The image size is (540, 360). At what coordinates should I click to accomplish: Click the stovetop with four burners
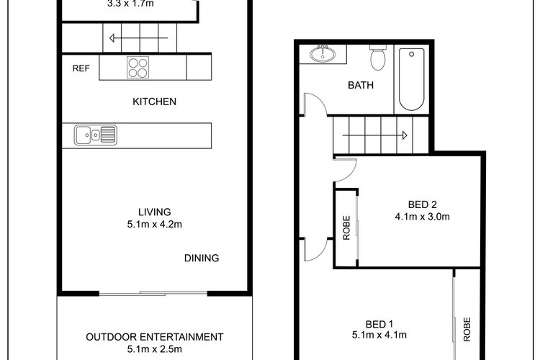138,67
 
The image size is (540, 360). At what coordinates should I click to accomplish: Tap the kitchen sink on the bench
95,135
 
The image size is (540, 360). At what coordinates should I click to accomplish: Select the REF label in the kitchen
81,68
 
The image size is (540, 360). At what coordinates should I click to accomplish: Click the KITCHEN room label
154,102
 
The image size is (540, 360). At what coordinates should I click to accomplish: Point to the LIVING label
155,212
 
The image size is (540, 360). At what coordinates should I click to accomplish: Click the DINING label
202,258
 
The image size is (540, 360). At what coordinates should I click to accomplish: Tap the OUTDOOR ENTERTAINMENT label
155,337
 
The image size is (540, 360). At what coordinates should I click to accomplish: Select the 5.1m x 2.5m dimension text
155,349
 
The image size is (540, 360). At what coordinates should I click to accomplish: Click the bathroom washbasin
323,54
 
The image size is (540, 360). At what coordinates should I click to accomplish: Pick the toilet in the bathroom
378,58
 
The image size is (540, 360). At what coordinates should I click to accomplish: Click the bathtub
412,79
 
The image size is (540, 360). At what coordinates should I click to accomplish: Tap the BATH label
361,85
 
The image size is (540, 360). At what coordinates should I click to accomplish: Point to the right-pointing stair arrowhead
405,135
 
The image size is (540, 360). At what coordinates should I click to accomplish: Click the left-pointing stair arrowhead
112,38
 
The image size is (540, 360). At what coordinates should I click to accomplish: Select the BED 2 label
422,204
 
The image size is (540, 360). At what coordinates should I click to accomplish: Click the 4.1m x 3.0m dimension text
422,217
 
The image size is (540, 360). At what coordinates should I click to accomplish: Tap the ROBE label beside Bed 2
346,228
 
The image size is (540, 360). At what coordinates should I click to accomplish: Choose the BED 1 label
379,324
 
